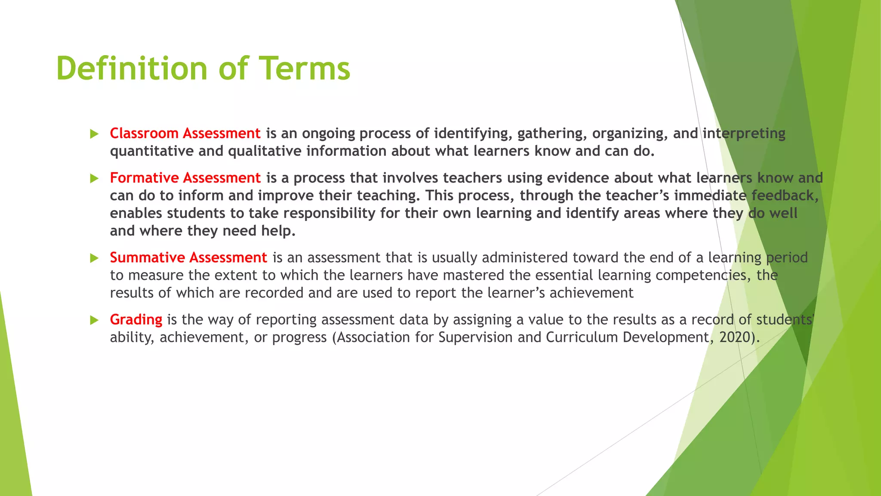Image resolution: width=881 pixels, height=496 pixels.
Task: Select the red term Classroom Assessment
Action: pyautogui.click(x=185, y=133)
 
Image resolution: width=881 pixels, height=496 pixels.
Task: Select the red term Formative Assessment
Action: pyautogui.click(x=185, y=178)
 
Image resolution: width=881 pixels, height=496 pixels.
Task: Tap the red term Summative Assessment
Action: pyautogui.click(x=188, y=257)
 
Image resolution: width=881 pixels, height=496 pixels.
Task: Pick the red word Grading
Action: pyautogui.click(x=136, y=319)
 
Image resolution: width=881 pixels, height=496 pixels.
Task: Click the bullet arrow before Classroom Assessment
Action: pyautogui.click(x=94, y=134)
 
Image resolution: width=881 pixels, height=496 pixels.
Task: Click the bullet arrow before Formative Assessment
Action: pyautogui.click(x=94, y=179)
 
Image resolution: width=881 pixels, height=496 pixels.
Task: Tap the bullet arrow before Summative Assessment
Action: pyautogui.click(x=94, y=258)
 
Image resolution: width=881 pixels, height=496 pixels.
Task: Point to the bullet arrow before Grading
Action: pyautogui.click(x=94, y=320)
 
